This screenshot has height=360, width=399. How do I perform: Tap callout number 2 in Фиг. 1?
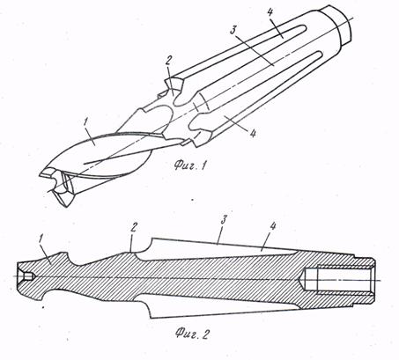tap(168, 62)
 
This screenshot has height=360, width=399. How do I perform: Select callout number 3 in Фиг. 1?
tap(233, 30)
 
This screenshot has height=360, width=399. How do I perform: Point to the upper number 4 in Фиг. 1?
tap(270, 12)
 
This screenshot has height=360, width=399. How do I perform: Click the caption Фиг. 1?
tap(189, 165)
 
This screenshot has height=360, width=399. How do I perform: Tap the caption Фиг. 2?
tap(192, 334)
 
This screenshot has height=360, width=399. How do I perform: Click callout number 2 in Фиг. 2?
tap(133, 228)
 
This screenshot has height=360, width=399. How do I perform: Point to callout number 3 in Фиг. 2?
tap(224, 220)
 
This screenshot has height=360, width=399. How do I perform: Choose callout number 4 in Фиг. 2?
tap(273, 226)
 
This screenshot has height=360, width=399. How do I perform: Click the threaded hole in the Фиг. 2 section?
tap(339, 280)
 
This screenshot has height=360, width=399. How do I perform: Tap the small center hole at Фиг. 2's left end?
tap(26, 276)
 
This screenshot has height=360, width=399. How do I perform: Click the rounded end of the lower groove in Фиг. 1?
tap(319, 54)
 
